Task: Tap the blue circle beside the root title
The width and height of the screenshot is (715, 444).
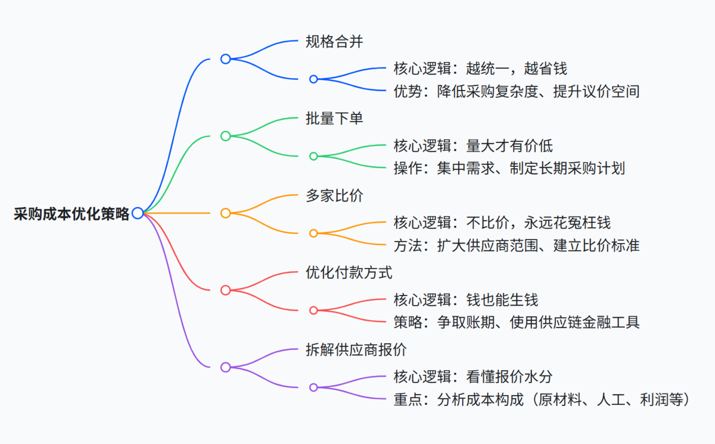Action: [x=138, y=213]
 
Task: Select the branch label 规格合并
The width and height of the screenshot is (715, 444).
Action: [x=334, y=42]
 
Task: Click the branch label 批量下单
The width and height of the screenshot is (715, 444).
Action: [x=334, y=119]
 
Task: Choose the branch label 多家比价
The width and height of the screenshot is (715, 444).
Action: [x=334, y=196]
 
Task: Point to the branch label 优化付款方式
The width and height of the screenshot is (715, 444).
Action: [x=349, y=274]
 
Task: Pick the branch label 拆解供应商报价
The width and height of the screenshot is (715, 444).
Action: [x=356, y=350]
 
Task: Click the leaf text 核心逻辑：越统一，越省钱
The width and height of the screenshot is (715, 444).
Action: [x=484, y=68]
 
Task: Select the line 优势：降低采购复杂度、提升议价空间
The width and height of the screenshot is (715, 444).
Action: [x=516, y=91]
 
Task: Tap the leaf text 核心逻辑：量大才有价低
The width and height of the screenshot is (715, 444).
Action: [x=477, y=145]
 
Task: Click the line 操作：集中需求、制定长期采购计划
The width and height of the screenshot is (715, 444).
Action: [x=509, y=168]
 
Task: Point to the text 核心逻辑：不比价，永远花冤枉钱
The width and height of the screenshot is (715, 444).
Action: [x=502, y=222]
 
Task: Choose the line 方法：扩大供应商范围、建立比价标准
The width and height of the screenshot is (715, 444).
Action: [x=516, y=245]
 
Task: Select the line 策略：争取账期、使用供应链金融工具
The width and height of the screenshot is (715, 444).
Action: [x=516, y=322]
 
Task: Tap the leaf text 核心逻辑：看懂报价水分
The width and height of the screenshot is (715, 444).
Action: [x=477, y=377]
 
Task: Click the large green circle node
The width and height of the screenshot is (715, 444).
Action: [x=225, y=136]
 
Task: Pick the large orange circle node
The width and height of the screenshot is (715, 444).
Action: [x=225, y=213]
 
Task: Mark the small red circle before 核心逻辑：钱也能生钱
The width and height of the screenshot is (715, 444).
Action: [x=313, y=310]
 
